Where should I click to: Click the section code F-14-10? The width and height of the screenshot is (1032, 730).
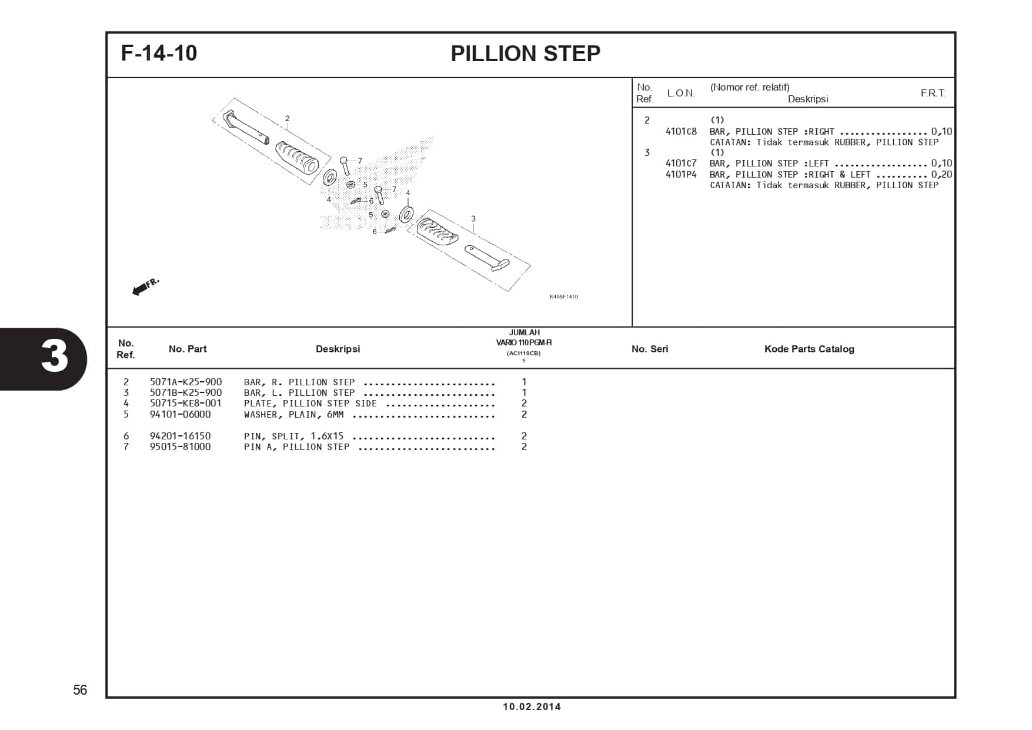click(x=159, y=53)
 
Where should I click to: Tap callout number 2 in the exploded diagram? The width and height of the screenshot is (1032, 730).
click(x=287, y=118)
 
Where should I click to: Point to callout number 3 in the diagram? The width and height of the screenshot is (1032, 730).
click(x=473, y=219)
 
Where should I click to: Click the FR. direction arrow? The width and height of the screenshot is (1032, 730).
click(x=145, y=286)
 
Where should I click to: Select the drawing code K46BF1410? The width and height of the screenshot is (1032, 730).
click(x=563, y=296)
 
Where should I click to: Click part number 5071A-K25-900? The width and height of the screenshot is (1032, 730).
click(x=186, y=382)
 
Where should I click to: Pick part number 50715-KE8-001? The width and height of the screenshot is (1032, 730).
click(x=186, y=404)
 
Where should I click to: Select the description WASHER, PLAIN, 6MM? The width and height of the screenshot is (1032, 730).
click(x=293, y=415)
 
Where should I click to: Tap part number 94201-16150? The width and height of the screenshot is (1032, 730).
click(x=180, y=436)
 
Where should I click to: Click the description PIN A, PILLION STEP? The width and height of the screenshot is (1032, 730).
click(x=296, y=447)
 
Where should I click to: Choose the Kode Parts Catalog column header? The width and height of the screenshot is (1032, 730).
click(x=809, y=349)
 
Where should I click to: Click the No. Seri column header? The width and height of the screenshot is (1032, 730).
click(x=649, y=349)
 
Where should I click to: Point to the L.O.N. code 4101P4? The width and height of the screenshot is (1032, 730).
click(x=681, y=175)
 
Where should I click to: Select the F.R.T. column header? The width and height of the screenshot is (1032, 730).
click(x=933, y=93)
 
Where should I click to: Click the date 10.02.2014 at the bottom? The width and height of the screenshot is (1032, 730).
click(x=532, y=706)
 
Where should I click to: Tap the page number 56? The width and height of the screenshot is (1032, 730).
click(x=80, y=690)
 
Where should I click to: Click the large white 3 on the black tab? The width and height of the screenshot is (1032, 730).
click(x=54, y=356)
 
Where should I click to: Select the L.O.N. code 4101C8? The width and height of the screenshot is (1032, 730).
click(x=681, y=132)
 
